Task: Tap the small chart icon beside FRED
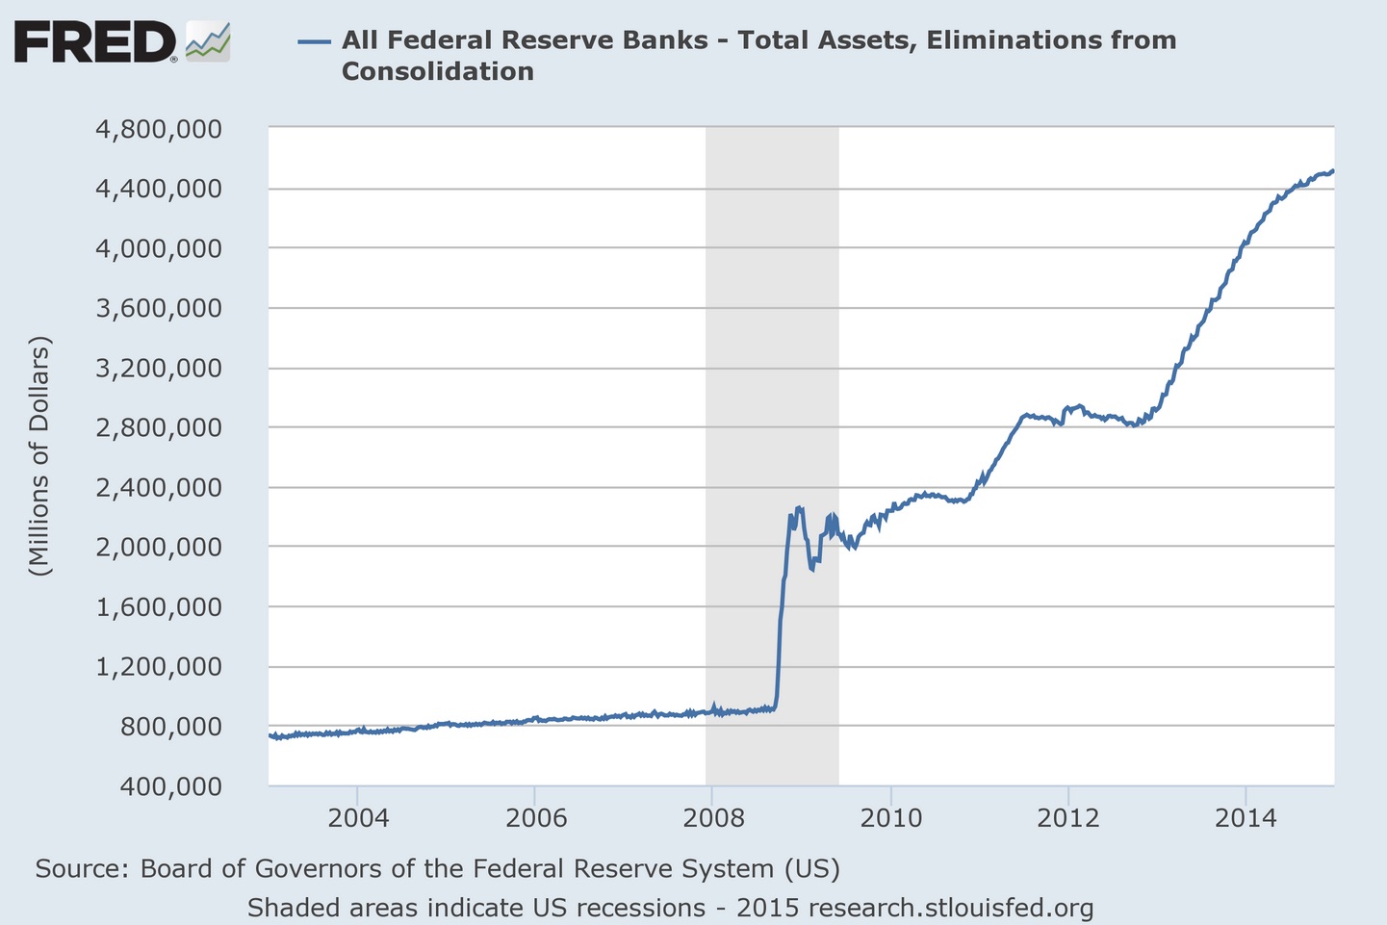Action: tap(208, 41)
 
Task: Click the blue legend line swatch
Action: tap(315, 40)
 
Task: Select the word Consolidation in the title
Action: tap(437, 71)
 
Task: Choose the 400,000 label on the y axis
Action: tap(171, 786)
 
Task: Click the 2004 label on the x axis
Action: tap(358, 818)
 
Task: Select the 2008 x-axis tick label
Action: tap(713, 818)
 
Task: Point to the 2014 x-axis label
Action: tap(1246, 818)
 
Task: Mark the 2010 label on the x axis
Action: tap(890, 818)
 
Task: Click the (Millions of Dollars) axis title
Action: tap(39, 455)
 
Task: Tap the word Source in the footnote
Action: tap(80, 869)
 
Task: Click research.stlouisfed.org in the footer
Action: tap(951, 908)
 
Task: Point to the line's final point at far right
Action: tap(1333, 171)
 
